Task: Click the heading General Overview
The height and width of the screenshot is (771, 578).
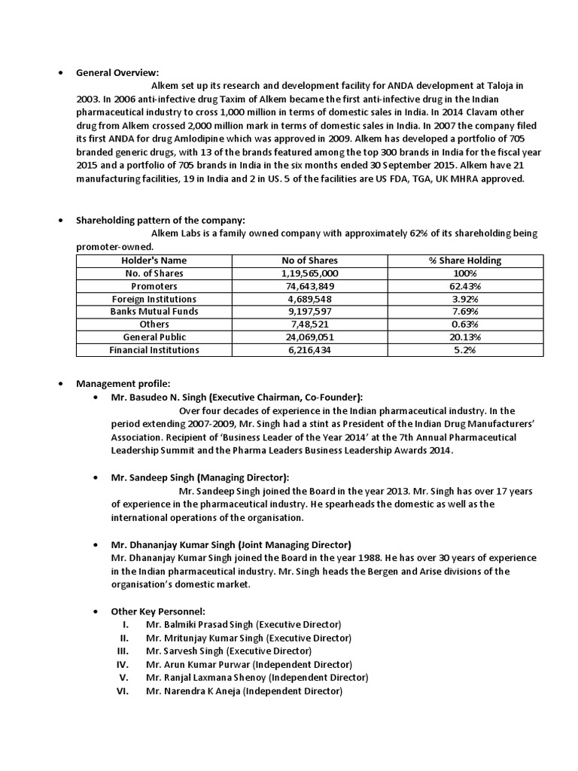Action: [x=117, y=72]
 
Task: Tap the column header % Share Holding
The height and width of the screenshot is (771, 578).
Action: [x=464, y=261]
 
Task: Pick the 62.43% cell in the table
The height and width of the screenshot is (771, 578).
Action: [x=464, y=286]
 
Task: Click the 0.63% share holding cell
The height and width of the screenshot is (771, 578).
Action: [x=464, y=325]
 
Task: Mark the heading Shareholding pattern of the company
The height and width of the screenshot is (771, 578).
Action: [x=160, y=221]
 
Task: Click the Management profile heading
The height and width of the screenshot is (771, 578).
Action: [x=123, y=385]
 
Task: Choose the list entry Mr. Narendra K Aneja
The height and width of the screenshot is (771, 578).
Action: [x=244, y=690]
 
